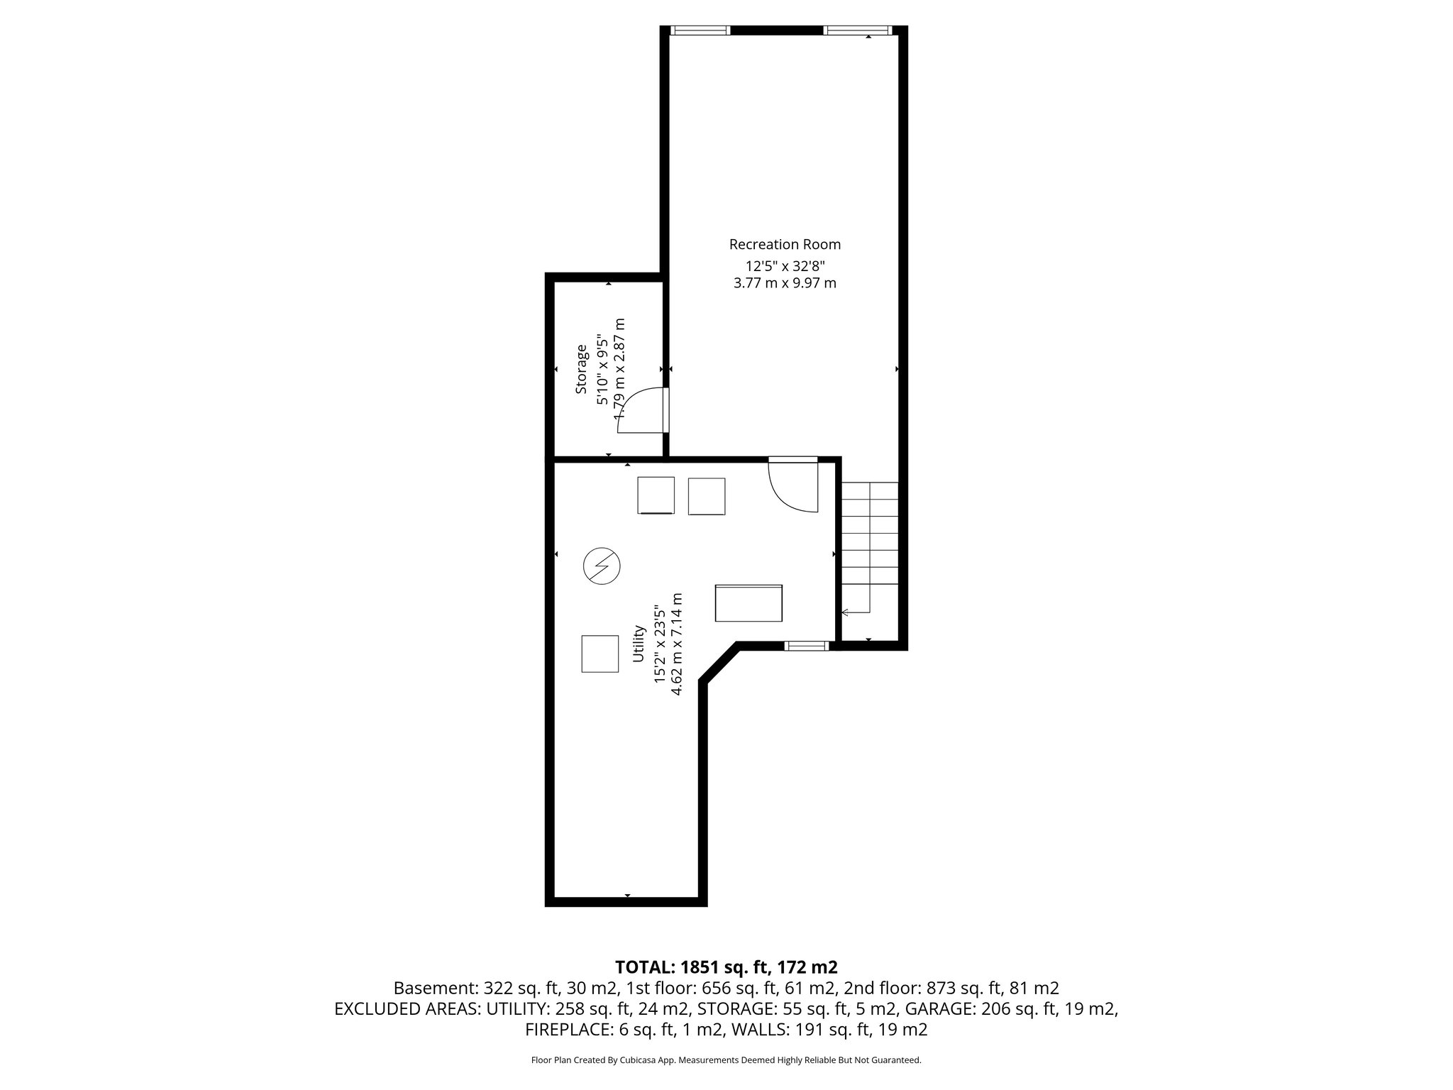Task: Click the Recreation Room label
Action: pos(785,245)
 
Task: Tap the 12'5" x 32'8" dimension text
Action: pos(785,266)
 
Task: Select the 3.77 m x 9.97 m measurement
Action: pos(785,283)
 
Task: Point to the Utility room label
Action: pos(639,644)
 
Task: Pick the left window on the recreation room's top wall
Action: pos(701,31)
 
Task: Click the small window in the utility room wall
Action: pos(807,646)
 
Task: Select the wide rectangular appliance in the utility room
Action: pos(749,603)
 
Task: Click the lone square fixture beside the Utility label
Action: pos(600,654)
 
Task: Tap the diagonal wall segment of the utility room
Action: pos(719,663)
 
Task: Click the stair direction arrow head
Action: pos(845,612)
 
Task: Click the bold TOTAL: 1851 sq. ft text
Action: pos(726,967)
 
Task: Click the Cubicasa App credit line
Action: pos(726,1060)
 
